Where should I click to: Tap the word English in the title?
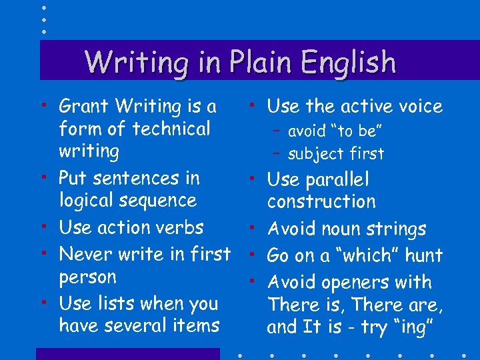[x=348, y=63]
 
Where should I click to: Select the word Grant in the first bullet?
[x=85, y=106]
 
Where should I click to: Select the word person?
[x=87, y=277]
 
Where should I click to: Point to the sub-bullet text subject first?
[x=336, y=154]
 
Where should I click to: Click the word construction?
[x=321, y=202]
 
